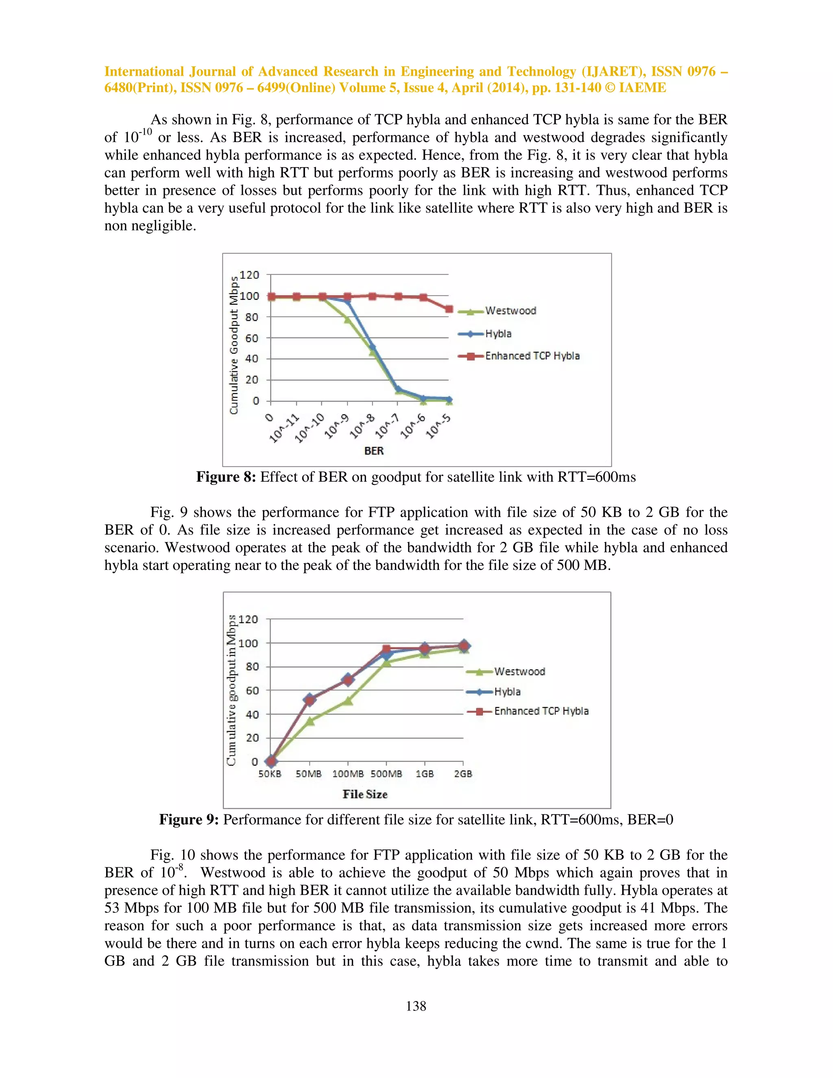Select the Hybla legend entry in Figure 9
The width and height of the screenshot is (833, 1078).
(507, 692)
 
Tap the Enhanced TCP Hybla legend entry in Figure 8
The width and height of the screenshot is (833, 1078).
(532, 356)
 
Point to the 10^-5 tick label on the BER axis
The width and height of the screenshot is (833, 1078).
(438, 426)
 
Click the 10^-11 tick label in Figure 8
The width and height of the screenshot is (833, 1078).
(285, 428)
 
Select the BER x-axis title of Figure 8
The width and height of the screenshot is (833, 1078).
(373, 451)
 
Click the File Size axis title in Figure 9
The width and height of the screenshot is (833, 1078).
(365, 794)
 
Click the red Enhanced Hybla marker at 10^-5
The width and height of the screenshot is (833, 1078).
(449, 310)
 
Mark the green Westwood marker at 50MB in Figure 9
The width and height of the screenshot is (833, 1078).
(310, 721)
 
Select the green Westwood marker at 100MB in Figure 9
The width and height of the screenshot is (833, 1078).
(348, 701)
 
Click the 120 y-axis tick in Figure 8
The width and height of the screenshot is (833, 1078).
(249, 275)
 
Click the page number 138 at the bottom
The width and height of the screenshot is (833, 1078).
(416, 1006)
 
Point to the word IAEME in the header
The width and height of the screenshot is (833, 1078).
(643, 88)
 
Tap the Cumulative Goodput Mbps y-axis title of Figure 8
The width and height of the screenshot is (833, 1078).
(234, 345)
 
